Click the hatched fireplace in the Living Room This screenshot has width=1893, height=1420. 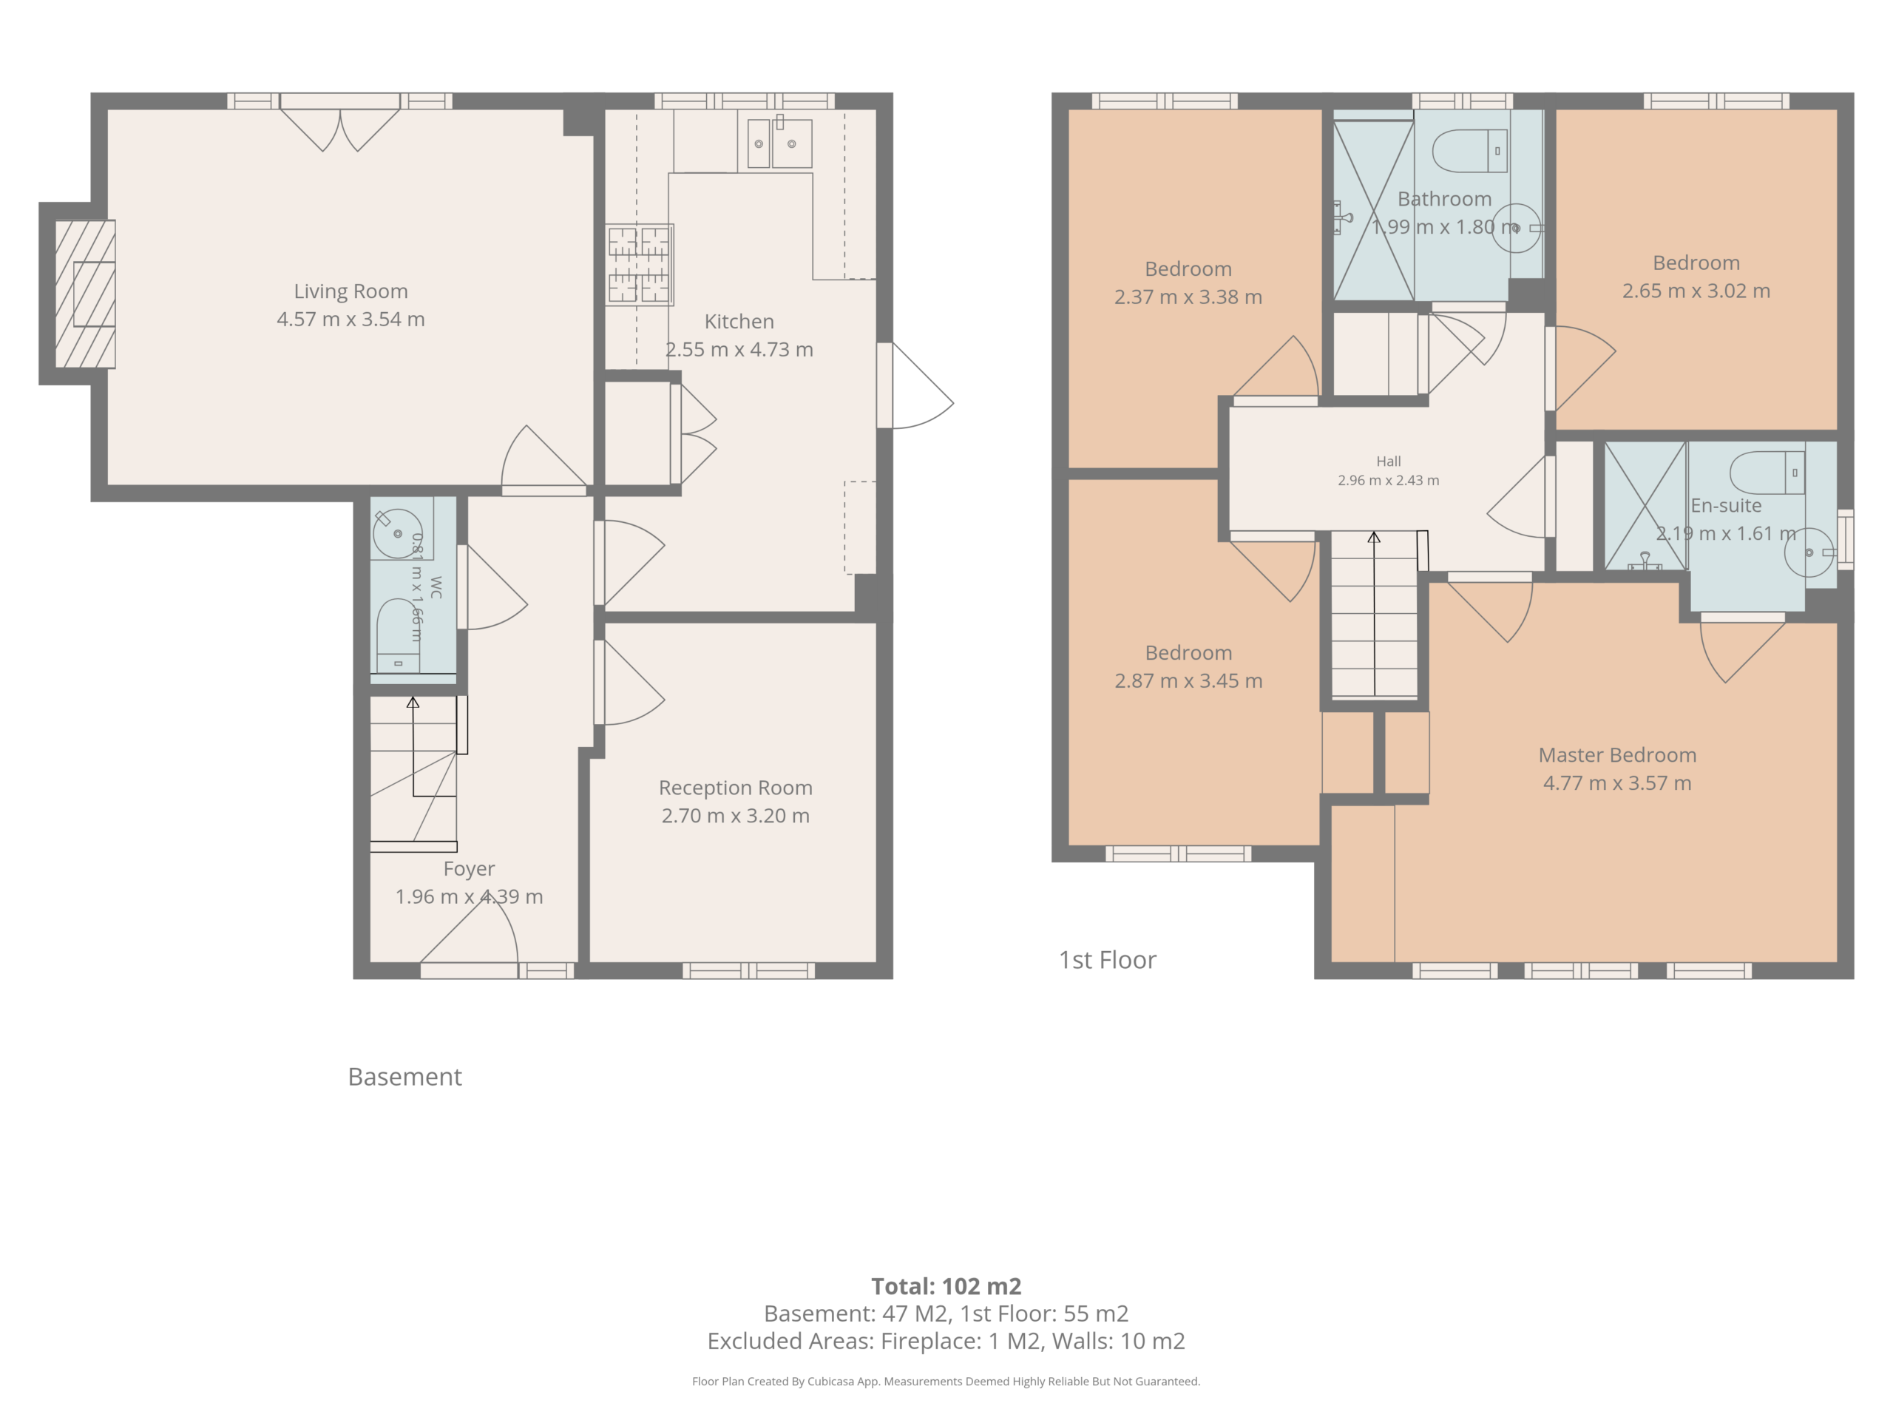[x=86, y=294]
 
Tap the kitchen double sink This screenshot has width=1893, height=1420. [x=779, y=143]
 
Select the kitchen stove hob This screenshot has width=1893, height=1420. [x=640, y=265]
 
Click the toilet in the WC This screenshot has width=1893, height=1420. [x=398, y=636]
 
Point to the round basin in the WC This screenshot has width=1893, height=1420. [x=398, y=533]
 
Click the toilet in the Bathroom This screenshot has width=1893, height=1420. [x=1470, y=151]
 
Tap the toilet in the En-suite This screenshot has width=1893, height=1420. [x=1767, y=473]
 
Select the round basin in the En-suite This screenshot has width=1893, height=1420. [x=1808, y=552]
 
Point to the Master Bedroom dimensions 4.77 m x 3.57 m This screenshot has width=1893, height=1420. [x=1617, y=783]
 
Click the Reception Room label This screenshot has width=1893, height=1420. [x=736, y=788]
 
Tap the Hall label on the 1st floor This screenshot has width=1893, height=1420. [x=1389, y=461]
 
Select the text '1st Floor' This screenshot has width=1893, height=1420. [x=1108, y=959]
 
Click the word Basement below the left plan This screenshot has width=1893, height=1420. [x=404, y=1077]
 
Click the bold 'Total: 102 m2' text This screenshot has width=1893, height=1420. [x=946, y=1285]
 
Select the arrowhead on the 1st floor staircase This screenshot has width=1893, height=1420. [x=1375, y=538]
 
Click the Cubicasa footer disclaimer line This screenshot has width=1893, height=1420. [x=946, y=1381]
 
